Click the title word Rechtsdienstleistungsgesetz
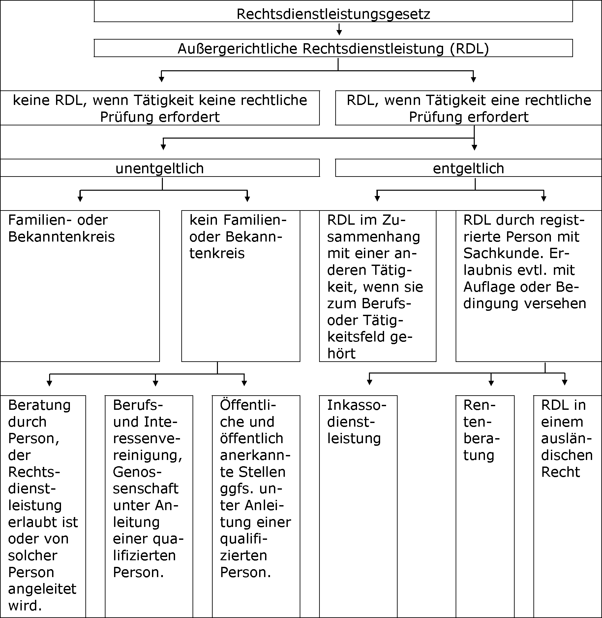coord(333,14)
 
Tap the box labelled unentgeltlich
coord(160,168)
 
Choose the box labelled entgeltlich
coord(468,168)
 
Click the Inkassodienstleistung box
coord(358,506)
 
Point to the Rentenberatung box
coord(485,506)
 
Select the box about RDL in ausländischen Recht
coord(568,506)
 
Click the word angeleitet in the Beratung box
coord(42,589)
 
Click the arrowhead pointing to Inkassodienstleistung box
coord(369,382)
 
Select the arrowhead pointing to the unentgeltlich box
coord(163,147)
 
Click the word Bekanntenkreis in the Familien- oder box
coord(61,237)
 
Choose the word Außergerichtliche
coord(238,49)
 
